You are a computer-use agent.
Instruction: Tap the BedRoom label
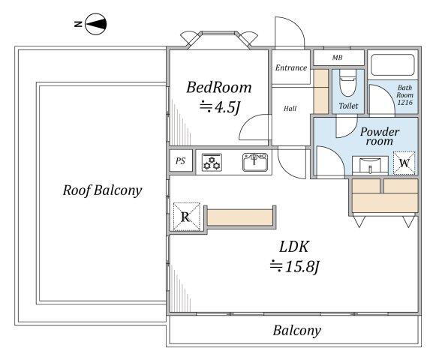coord(219,87)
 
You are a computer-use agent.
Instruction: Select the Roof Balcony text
coord(102,190)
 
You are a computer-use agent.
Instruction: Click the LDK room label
coord(294,247)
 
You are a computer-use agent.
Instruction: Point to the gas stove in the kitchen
coord(212,162)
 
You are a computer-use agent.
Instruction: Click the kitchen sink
coord(255,162)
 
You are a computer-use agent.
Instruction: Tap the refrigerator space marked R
coord(186,217)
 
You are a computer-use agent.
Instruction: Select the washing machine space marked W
coord(404,163)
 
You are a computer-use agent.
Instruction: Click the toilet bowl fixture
coord(348,82)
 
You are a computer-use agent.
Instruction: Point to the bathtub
coord(392,65)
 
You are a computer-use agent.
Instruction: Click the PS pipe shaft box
coord(181,160)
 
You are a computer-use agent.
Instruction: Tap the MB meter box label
coord(337,58)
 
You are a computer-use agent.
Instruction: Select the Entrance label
coord(291,67)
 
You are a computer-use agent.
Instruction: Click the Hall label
coord(290,109)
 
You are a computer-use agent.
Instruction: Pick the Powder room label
coord(380,136)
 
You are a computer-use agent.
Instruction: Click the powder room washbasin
coord(370,165)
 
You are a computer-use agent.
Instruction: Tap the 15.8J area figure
coord(294,267)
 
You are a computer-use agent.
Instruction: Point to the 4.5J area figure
coord(220,107)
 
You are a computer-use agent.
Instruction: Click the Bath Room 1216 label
coord(405,94)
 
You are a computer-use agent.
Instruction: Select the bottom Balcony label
coord(296,331)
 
